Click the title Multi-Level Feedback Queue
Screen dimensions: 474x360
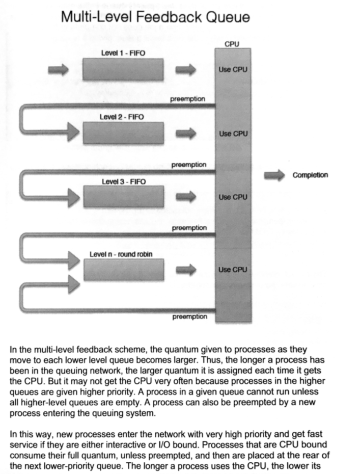tap(155, 17)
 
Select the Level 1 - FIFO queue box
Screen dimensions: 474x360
tap(123, 69)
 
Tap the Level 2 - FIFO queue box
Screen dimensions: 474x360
tap(123, 134)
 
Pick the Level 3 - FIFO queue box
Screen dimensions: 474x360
tap(123, 197)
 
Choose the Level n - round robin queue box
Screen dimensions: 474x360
tap(124, 270)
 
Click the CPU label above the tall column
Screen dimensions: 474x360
tap(232, 45)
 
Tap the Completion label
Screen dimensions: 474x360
tap(310, 175)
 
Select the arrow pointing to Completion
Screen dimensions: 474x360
tap(275, 175)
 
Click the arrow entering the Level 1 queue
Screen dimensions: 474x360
tap(59, 69)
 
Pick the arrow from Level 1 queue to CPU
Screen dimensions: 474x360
tap(186, 69)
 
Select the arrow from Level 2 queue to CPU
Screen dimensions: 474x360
tap(186, 134)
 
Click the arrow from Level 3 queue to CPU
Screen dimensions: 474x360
tap(186, 197)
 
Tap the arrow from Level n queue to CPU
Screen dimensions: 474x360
tap(186, 270)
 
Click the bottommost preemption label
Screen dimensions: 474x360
tap(189, 317)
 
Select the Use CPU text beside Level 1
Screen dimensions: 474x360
tap(233, 69)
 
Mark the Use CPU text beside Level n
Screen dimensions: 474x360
tap(233, 270)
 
